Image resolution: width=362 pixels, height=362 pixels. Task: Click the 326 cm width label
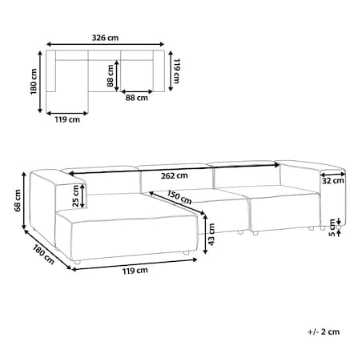(105, 38)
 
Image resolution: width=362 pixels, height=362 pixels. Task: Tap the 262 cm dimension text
(174, 175)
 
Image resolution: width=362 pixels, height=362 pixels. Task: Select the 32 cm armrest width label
(333, 181)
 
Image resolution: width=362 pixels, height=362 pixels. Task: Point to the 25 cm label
(76, 196)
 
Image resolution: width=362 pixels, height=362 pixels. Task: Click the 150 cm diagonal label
(179, 197)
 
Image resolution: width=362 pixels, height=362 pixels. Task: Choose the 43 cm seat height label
(211, 235)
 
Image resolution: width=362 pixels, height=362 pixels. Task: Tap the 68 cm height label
(18, 200)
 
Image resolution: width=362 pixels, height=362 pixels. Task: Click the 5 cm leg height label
(332, 227)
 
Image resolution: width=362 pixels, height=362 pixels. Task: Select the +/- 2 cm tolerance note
(324, 332)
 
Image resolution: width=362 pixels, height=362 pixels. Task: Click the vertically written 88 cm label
(111, 76)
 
